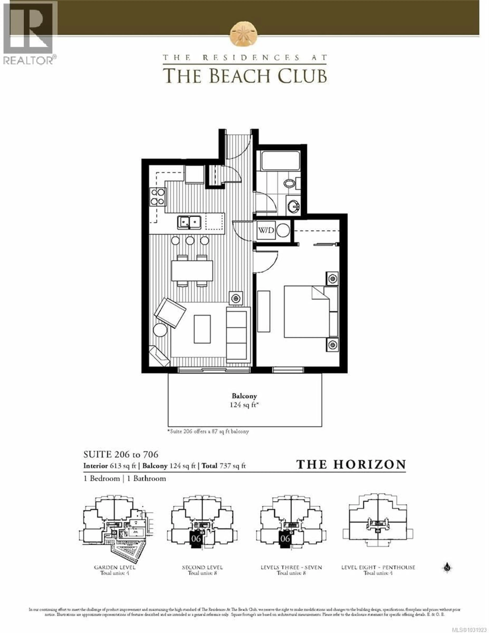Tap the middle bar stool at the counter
190,240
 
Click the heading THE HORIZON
351,464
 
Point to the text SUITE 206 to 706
121,454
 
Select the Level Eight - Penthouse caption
378,567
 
